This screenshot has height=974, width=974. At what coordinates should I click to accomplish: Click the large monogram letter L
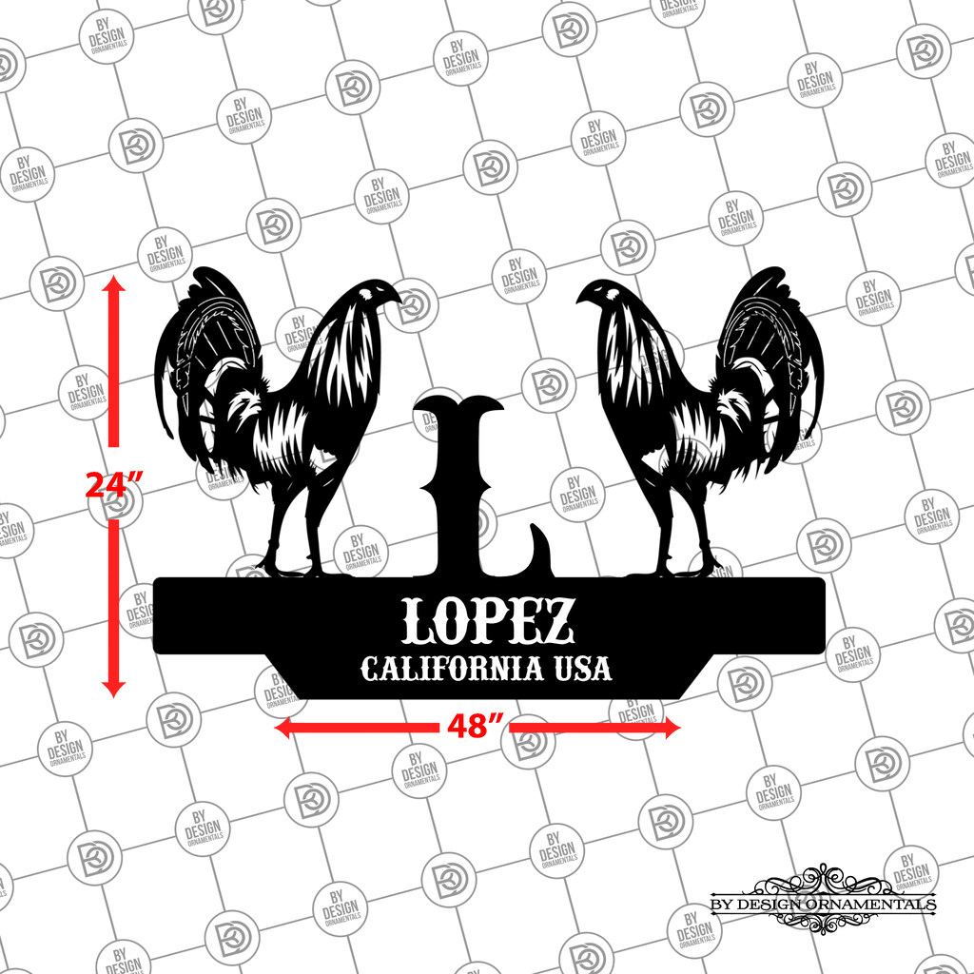click(471, 491)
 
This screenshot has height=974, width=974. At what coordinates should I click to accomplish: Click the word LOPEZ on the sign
click(488, 620)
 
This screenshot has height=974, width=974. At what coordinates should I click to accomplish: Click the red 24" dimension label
click(114, 485)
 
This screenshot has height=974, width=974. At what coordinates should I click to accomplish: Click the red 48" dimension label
click(476, 726)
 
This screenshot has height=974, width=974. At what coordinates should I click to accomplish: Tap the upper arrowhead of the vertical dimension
click(114, 284)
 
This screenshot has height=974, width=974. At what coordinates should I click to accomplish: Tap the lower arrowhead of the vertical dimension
click(114, 689)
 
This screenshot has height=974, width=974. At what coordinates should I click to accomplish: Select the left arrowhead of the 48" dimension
click(282, 728)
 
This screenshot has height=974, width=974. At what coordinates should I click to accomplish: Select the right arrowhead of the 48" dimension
click(672, 728)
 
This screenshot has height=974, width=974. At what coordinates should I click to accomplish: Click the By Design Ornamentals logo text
click(823, 904)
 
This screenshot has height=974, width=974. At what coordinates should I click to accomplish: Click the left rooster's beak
click(396, 298)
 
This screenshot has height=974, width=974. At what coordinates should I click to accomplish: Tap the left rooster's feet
click(292, 565)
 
